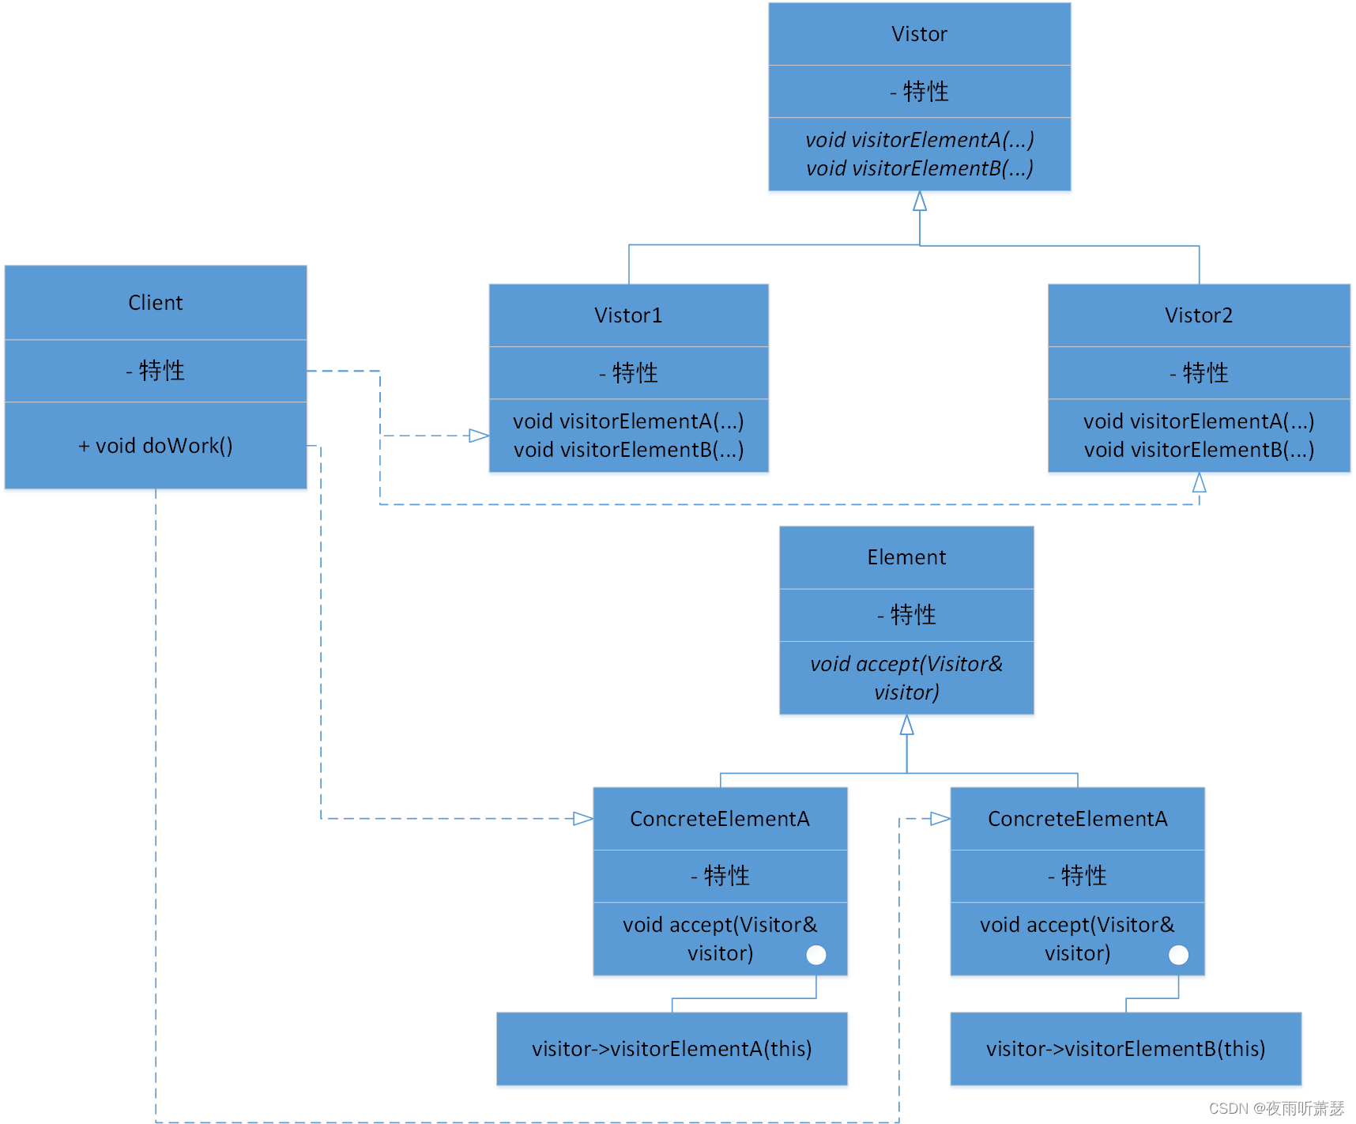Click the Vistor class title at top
919,34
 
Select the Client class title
156,303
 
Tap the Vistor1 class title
628,315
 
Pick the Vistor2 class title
1198,315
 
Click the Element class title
906,557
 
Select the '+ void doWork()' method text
156,446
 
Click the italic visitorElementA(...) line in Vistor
919,140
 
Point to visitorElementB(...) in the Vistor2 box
1198,450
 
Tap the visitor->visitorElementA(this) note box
672,1049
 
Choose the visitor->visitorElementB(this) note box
1125,1049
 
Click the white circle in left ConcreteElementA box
816,955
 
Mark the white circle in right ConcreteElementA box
1178,955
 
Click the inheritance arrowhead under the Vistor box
919,202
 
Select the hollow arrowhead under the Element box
906,725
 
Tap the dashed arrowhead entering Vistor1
479,436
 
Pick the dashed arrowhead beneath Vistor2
1199,482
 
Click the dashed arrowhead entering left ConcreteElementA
583,818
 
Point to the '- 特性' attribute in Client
156,371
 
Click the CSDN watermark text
1275,1108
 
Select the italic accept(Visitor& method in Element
906,664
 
